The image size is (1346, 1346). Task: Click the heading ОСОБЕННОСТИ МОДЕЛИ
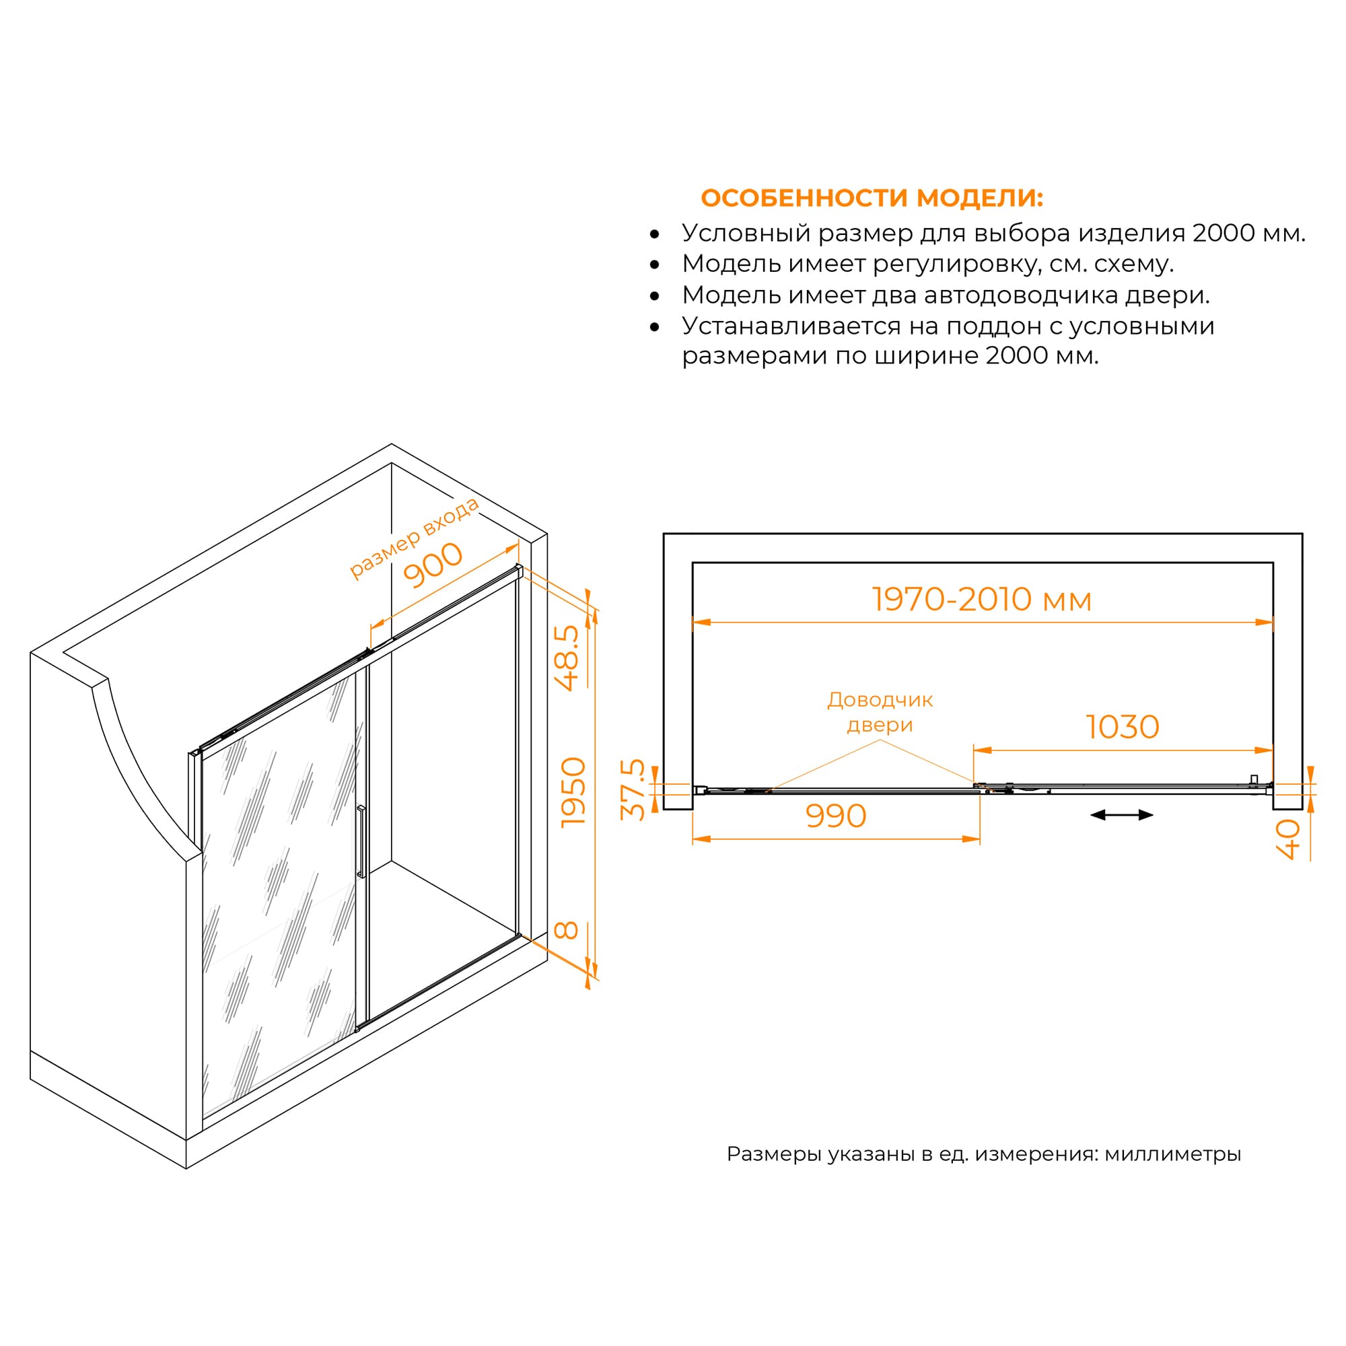tap(872, 199)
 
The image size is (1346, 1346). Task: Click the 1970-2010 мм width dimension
tap(982, 600)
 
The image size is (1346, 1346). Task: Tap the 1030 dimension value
tap(1123, 728)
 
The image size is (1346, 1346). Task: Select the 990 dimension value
tap(835, 816)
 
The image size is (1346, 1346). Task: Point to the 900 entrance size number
tap(433, 565)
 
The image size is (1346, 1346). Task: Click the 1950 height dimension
tap(574, 793)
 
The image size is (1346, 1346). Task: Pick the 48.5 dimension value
tap(568, 657)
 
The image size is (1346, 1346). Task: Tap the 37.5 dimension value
tap(634, 790)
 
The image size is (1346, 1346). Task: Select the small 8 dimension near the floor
tap(567, 930)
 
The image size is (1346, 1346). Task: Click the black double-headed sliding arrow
tap(1122, 815)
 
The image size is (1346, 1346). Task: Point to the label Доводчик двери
tap(880, 712)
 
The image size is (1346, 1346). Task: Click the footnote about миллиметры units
tap(984, 1154)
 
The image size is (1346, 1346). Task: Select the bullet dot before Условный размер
tap(654, 235)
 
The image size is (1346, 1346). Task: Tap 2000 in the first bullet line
tap(1224, 234)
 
